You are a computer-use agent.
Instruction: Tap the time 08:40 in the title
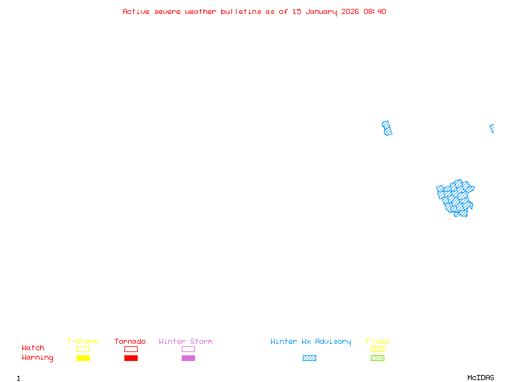[375, 11]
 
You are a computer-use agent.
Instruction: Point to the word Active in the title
[136, 11]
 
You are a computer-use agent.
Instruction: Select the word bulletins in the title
[241, 11]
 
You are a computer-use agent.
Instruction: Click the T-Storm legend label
[82, 342]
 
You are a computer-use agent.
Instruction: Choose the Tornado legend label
[130, 342]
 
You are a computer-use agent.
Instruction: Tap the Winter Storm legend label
[186, 342]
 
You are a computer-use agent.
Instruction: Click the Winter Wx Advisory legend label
[310, 342]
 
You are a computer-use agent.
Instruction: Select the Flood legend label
[377, 342]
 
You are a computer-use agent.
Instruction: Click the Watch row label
[33, 348]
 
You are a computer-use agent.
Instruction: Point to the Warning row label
[38, 358]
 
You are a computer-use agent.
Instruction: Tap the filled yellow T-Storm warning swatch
[83, 358]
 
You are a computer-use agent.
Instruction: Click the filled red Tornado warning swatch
[131, 358]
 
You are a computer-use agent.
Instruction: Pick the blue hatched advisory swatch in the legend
[309, 358]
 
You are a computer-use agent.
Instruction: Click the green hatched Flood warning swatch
[377, 358]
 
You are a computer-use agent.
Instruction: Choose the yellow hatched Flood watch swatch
[377, 349]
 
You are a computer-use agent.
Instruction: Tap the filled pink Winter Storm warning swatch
[188, 358]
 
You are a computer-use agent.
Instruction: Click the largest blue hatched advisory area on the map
[456, 197]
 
